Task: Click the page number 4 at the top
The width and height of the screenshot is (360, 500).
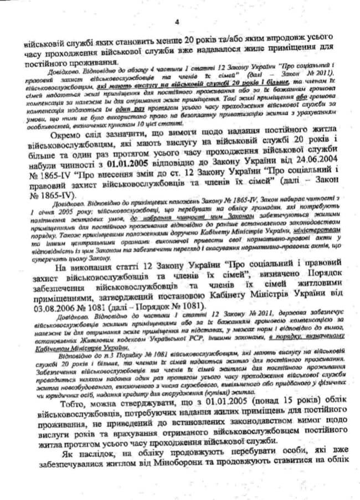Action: tap(177, 22)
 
